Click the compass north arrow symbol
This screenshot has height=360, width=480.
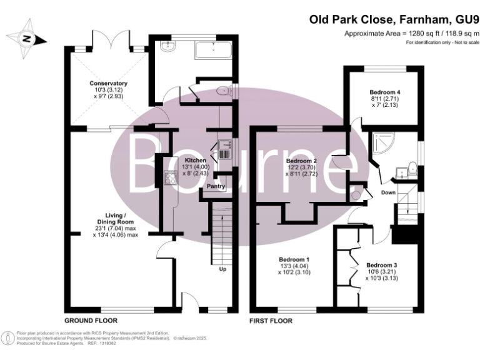(x=27, y=39)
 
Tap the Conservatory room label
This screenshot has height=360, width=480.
(x=108, y=83)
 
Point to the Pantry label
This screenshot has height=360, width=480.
(x=215, y=186)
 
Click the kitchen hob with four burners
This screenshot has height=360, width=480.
(x=169, y=178)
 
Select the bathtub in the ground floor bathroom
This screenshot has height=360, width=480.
(x=213, y=49)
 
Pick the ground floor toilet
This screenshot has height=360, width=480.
(x=223, y=91)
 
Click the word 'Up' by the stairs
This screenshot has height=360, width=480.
(x=222, y=269)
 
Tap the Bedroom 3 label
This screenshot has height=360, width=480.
(x=382, y=265)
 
